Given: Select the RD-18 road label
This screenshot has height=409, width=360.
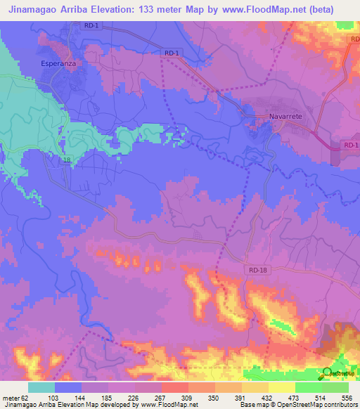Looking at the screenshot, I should [259, 269].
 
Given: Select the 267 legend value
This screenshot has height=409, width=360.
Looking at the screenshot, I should [160, 397].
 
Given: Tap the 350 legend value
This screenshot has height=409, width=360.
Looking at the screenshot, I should [213, 397].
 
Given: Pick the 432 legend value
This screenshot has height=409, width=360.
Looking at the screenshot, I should [268, 397].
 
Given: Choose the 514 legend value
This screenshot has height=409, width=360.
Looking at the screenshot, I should [321, 397].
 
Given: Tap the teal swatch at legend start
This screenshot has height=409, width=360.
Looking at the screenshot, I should [41, 387].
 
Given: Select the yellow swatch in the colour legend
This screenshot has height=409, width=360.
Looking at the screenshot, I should [281, 387].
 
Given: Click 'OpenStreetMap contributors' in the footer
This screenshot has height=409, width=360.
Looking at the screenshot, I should [316, 405].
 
